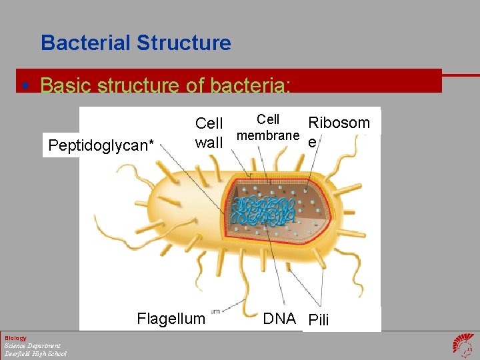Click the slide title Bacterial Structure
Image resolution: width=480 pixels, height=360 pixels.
click(135, 43)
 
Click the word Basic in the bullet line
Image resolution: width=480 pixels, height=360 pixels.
click(66, 85)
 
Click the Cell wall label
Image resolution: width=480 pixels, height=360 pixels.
click(209, 133)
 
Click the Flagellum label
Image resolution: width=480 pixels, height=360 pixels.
click(171, 319)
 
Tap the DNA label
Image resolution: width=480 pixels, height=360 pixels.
click(279, 319)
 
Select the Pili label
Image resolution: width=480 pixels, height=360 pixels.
click(319, 320)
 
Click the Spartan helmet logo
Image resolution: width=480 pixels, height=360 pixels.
click(463, 345)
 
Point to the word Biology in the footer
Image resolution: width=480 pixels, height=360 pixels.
click(16, 337)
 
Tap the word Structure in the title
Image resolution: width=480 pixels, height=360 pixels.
click(183, 43)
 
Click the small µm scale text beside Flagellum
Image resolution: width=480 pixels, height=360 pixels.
click(214, 311)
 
